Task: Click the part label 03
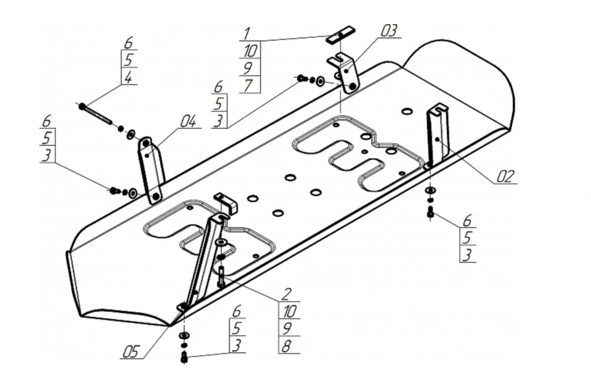[389, 31]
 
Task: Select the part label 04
[188, 122]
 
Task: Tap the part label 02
[505, 176]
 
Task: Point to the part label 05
[130, 352]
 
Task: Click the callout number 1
[247, 34]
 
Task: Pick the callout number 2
[286, 294]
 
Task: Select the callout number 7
[248, 85]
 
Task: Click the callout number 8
[286, 346]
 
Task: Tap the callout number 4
[128, 77]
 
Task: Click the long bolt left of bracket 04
[95, 113]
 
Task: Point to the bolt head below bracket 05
[184, 357]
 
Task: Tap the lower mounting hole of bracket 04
[155, 196]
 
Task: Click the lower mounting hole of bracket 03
[352, 86]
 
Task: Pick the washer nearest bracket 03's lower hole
[320, 82]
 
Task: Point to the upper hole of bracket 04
[146, 142]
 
